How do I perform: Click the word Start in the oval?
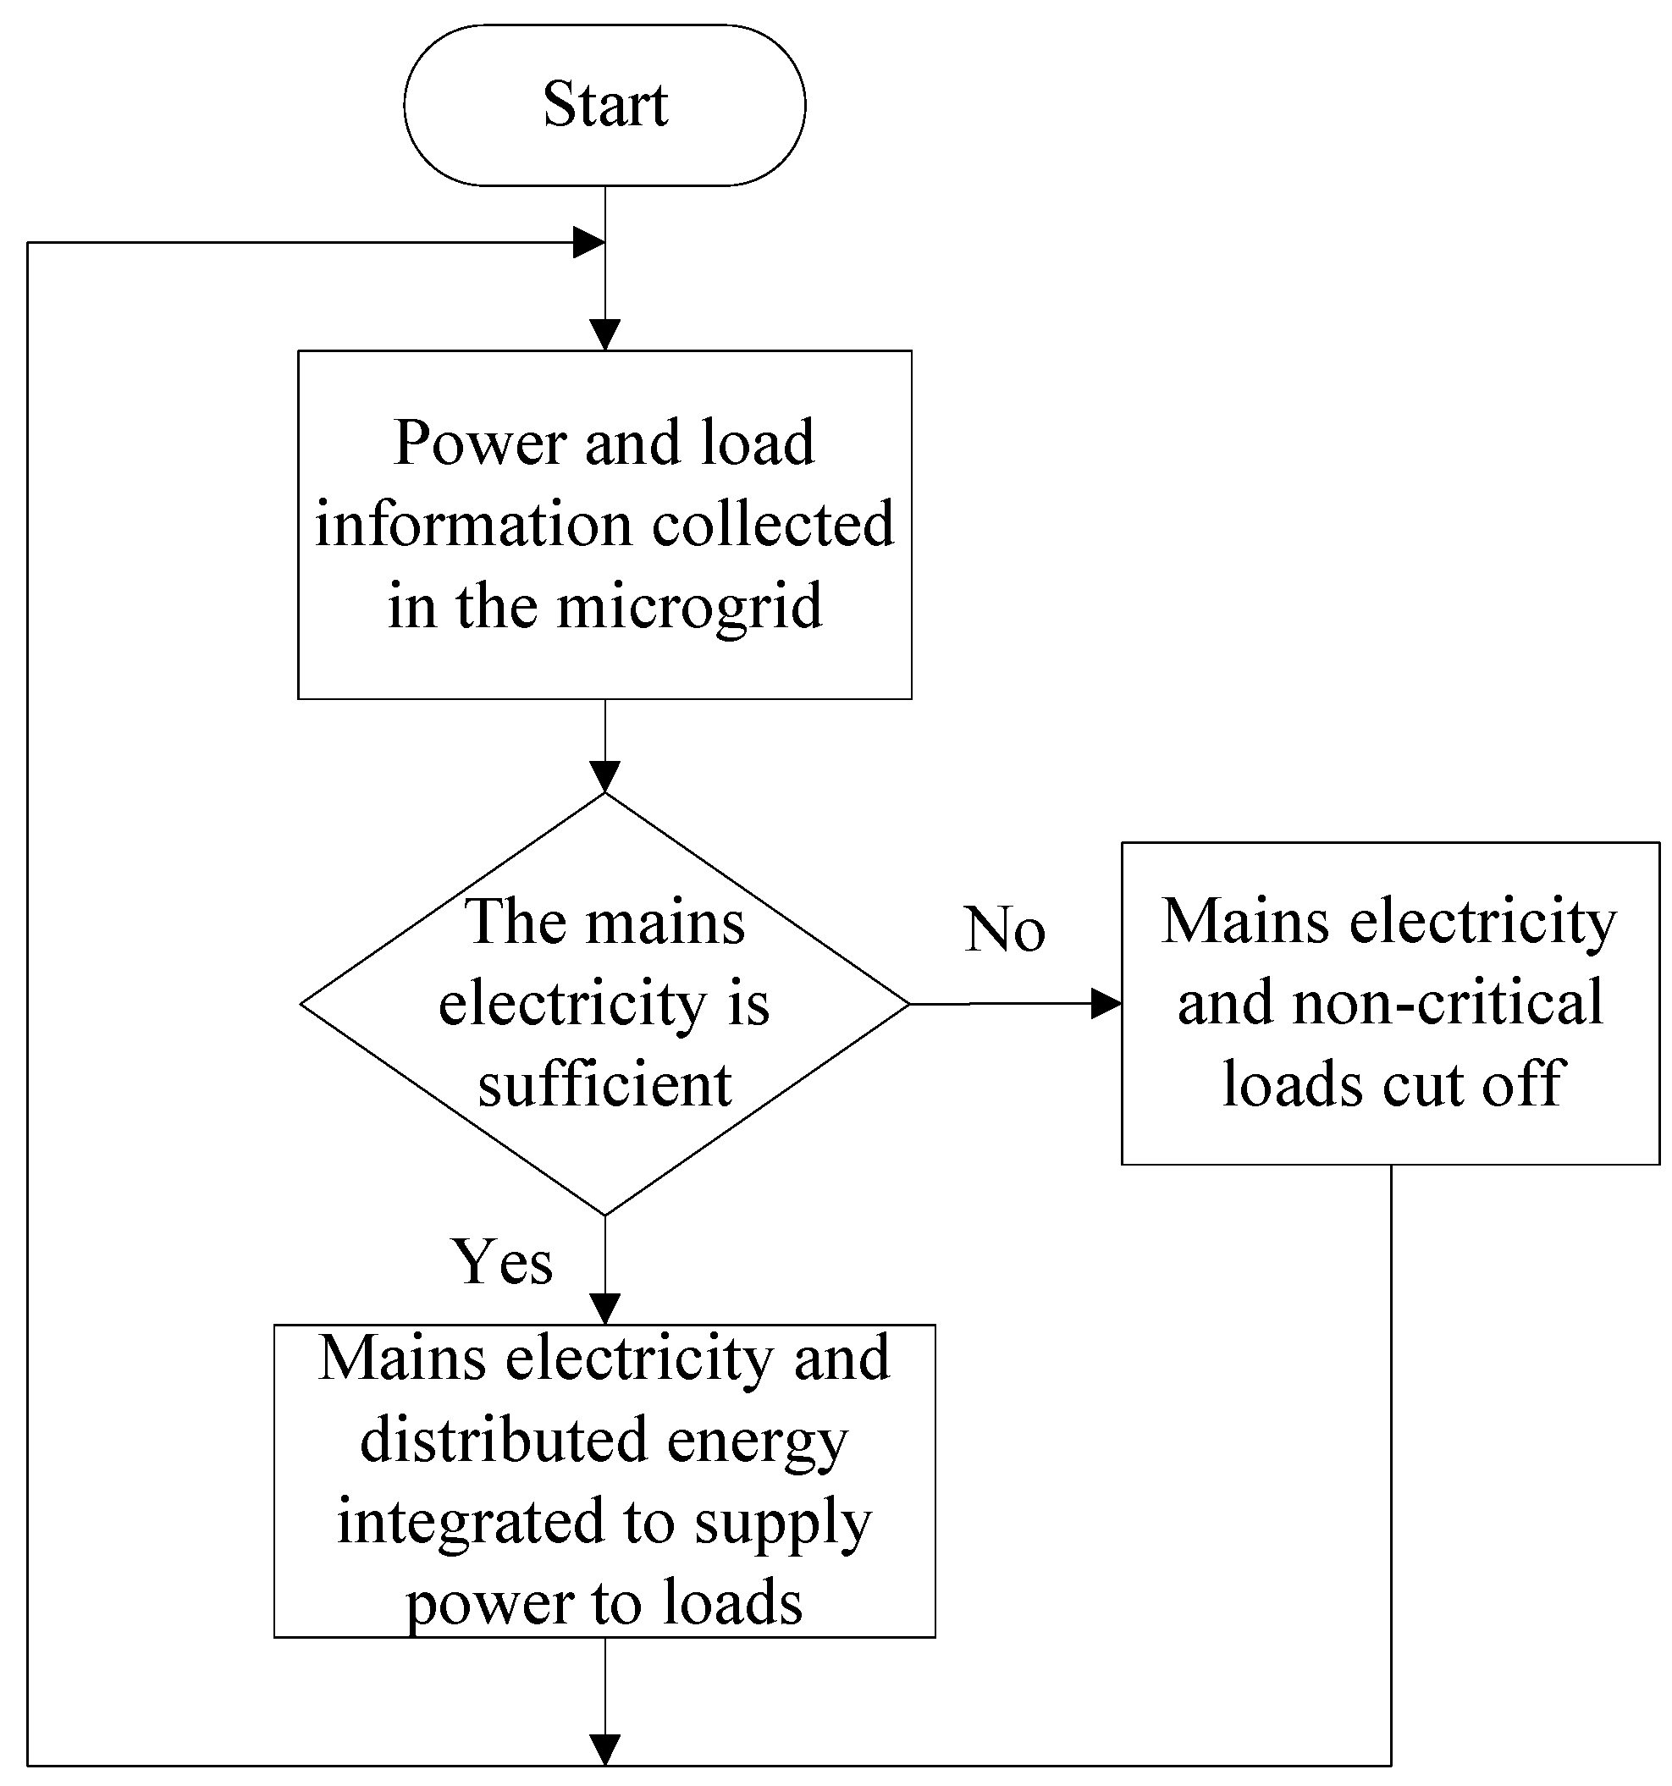(604, 104)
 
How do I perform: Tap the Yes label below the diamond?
(501, 1261)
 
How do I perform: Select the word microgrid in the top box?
(689, 607)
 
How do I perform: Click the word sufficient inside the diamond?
(604, 1085)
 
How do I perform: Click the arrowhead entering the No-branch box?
(1106, 1004)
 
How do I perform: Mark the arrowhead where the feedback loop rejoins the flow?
(588, 243)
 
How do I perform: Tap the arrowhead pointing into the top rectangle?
(604, 335)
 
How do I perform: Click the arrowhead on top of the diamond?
(604, 776)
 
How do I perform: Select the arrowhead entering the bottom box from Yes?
(604, 1308)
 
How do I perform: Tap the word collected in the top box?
(773, 525)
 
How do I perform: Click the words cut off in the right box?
(1473, 1084)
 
